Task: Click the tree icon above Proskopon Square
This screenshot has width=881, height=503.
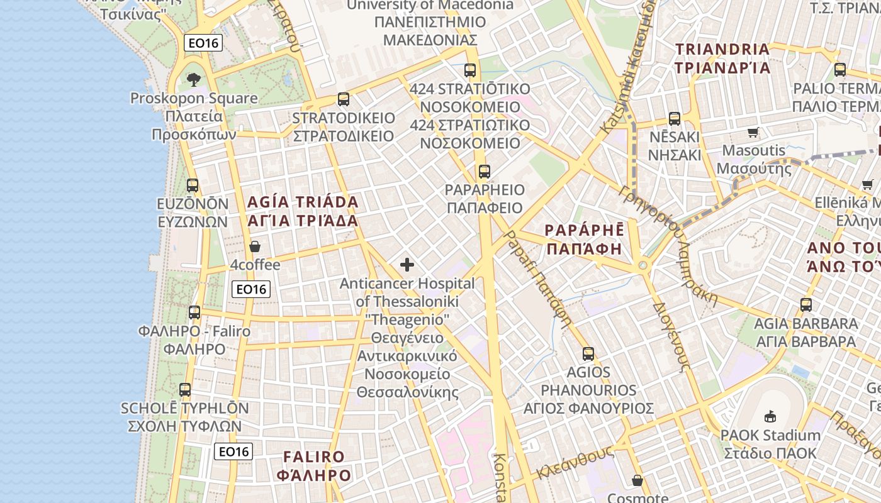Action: pyautogui.click(x=193, y=80)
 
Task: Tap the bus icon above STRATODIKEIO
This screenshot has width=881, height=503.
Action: pyautogui.click(x=343, y=99)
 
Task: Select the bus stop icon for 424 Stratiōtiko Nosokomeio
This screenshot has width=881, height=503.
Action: pyautogui.click(x=470, y=70)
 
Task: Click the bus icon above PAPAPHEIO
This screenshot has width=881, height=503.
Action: pyautogui.click(x=484, y=172)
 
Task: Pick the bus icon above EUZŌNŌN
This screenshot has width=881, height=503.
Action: pyautogui.click(x=193, y=185)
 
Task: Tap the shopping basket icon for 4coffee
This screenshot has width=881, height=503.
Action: pyautogui.click(x=255, y=246)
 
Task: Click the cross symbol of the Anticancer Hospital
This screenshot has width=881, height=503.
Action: pyautogui.click(x=407, y=265)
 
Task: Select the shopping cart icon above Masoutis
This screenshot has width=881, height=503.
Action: pyautogui.click(x=753, y=132)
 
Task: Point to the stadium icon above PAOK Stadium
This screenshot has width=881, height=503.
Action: pyautogui.click(x=770, y=416)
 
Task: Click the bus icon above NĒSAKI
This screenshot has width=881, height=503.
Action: pyautogui.click(x=675, y=119)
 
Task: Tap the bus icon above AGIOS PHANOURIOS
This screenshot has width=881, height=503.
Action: pyautogui.click(x=588, y=354)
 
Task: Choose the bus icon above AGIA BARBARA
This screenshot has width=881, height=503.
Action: pyautogui.click(x=806, y=305)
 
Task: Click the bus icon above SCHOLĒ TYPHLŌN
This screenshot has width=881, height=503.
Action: pyautogui.click(x=184, y=390)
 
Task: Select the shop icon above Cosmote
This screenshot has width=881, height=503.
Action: pyautogui.click(x=637, y=481)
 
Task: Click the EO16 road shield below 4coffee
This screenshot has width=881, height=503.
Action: pyautogui.click(x=250, y=289)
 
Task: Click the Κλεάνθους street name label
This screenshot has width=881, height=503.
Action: pyautogui.click(x=575, y=463)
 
